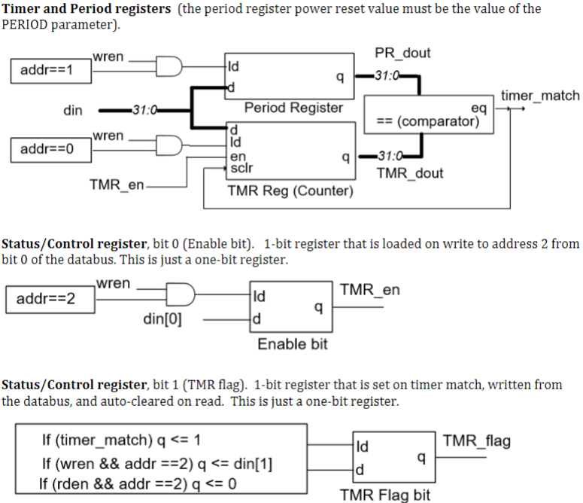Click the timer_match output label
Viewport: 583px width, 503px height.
click(539, 96)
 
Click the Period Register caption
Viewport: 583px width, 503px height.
click(293, 108)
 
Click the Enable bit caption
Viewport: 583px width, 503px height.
click(292, 344)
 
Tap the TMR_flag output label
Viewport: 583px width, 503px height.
click(476, 441)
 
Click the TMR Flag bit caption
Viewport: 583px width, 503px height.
click(385, 495)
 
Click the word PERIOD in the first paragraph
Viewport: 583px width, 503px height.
click(29, 24)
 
